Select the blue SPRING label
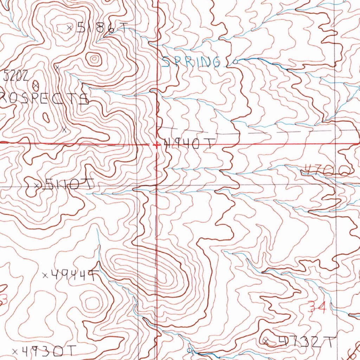pyautogui.click(x=192, y=63)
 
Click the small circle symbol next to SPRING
pyautogui.click(x=235, y=61)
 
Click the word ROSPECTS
pyautogui.click(x=44, y=98)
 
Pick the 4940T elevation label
pyautogui.click(x=189, y=144)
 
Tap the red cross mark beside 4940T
pyautogui.click(x=157, y=145)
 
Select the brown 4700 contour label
pyautogui.click(x=327, y=171)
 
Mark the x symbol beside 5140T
pyautogui.click(x=36, y=185)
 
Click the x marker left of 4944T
pyautogui.click(x=45, y=275)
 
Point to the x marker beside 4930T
pyautogui.click(x=15, y=351)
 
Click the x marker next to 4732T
pyautogui.click(x=266, y=341)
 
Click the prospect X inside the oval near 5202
pyautogui.click(x=36, y=85)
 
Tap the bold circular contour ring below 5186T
pyautogui.click(x=94, y=59)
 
